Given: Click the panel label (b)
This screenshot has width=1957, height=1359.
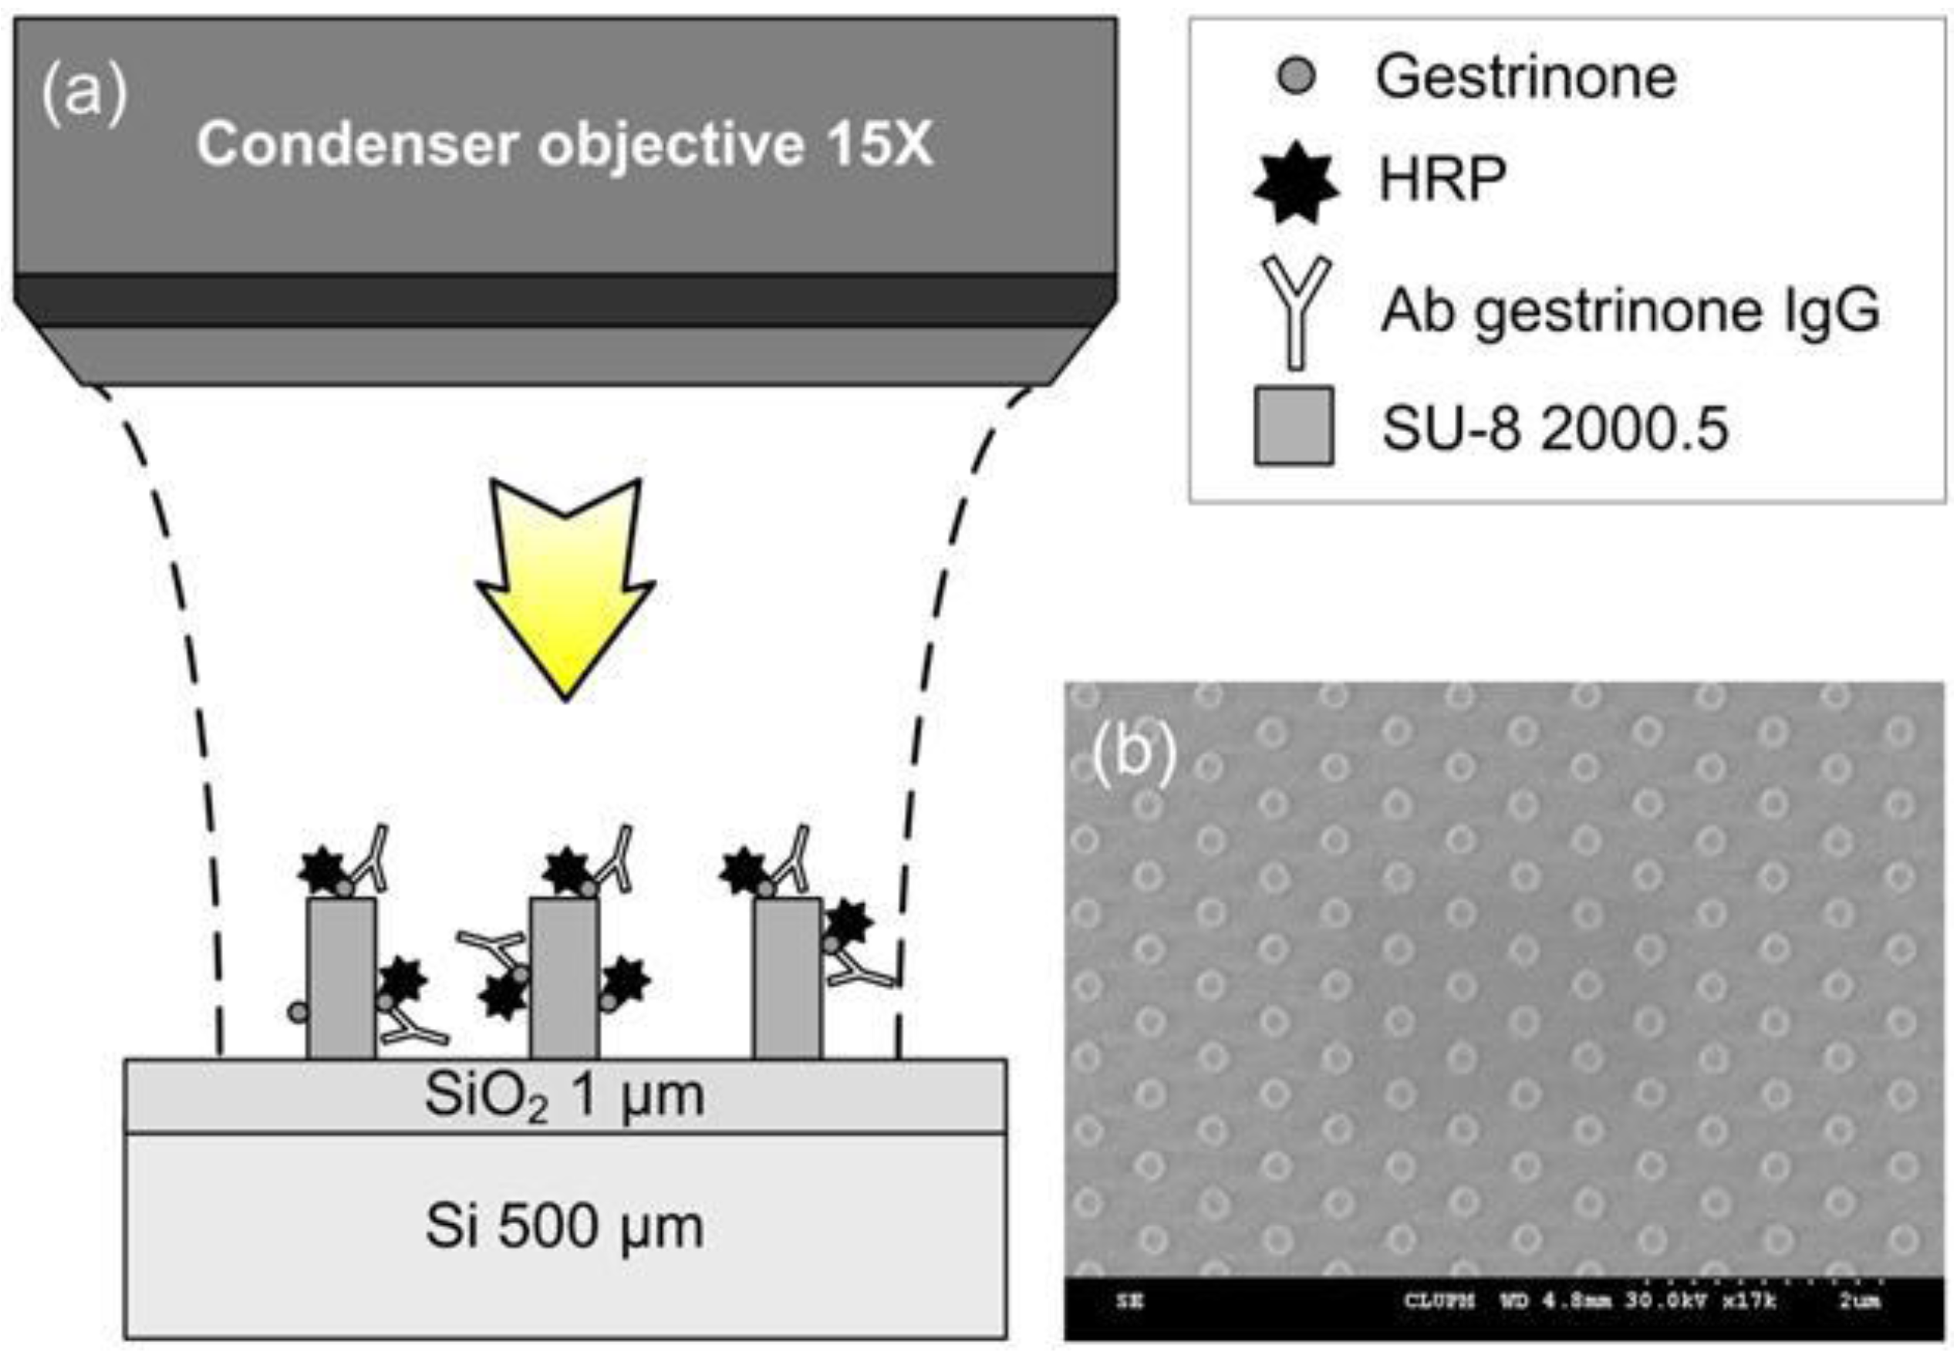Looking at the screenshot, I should coord(1133,750).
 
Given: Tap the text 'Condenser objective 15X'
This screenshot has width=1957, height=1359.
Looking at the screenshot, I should coord(564,144).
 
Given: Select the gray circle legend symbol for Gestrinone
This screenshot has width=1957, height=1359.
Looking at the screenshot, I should coord(1295,76).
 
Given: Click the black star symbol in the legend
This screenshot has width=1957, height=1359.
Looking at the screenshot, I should coord(1295,181).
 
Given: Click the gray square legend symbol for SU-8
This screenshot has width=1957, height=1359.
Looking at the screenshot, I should coord(1294,426).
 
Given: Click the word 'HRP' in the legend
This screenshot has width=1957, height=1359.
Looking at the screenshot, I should coord(1442,180).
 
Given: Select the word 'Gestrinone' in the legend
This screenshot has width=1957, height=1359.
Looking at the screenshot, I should coord(1525,76).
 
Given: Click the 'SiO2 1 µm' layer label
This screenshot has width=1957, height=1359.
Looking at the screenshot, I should coord(564,1096).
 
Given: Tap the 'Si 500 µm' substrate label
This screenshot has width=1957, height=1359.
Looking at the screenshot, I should coord(564,1227).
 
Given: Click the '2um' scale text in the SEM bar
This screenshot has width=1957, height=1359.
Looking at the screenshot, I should coord(1859,1300).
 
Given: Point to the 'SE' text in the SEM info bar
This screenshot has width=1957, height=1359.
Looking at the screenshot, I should coord(1129,1301).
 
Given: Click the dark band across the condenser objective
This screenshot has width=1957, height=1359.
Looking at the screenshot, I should coord(564,300).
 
